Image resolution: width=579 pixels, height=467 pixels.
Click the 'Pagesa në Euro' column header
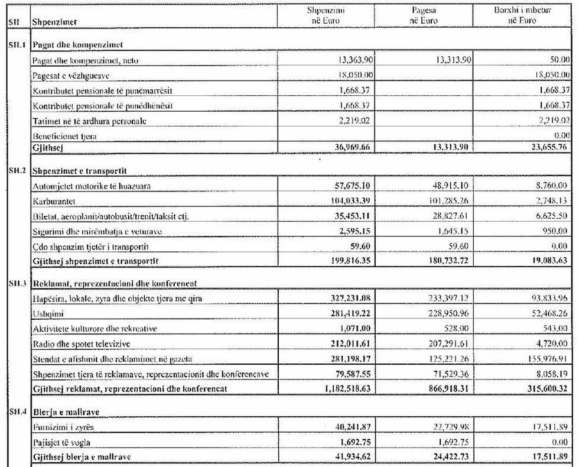coord(422,15)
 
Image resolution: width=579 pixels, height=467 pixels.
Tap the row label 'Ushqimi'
coord(45,314)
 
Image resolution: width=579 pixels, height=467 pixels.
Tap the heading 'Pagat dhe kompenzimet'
coord(77,45)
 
